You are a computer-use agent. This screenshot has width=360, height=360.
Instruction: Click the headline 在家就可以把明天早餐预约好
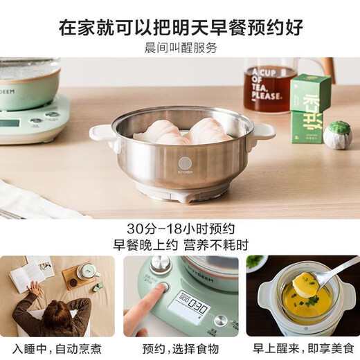click(x=180, y=28)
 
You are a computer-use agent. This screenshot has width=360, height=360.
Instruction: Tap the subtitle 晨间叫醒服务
click(x=180, y=48)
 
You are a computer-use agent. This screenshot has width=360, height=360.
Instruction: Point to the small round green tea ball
click(x=340, y=132)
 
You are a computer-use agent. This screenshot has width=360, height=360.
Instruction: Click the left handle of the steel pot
click(x=102, y=132)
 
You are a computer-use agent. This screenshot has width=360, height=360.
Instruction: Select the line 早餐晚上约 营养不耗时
click(x=180, y=245)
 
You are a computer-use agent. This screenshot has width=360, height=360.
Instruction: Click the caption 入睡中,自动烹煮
click(x=57, y=348)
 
